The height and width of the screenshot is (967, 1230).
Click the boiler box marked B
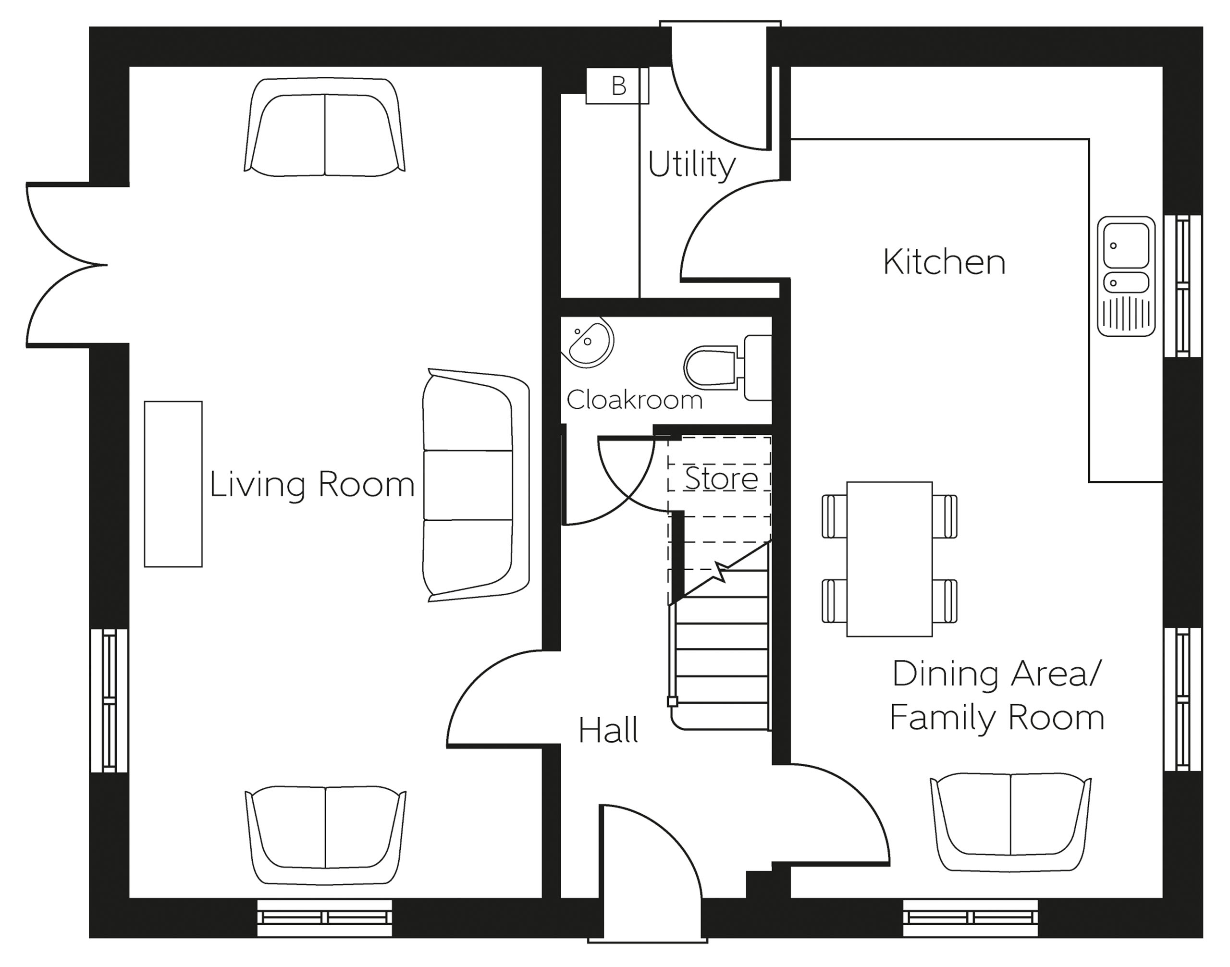click(x=617, y=86)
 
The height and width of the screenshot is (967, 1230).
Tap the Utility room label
click(x=691, y=165)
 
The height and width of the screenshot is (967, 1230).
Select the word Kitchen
click(x=944, y=263)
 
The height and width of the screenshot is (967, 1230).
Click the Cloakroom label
click(x=634, y=400)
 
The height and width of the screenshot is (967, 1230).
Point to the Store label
click(x=721, y=478)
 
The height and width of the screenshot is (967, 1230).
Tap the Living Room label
click(x=312, y=485)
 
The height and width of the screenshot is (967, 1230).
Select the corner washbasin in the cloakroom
click(x=587, y=342)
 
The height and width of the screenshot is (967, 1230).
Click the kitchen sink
click(x=1126, y=276)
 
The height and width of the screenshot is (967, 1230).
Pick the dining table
click(x=889, y=559)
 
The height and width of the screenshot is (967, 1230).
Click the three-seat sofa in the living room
click(x=476, y=485)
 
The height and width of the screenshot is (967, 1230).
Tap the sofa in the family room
click(x=1011, y=822)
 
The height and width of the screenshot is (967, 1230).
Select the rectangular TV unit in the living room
click(x=173, y=484)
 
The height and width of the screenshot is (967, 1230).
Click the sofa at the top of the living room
click(x=324, y=127)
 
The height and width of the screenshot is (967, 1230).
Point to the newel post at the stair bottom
click(x=672, y=702)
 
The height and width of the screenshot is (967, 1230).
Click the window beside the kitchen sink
click(x=1182, y=286)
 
